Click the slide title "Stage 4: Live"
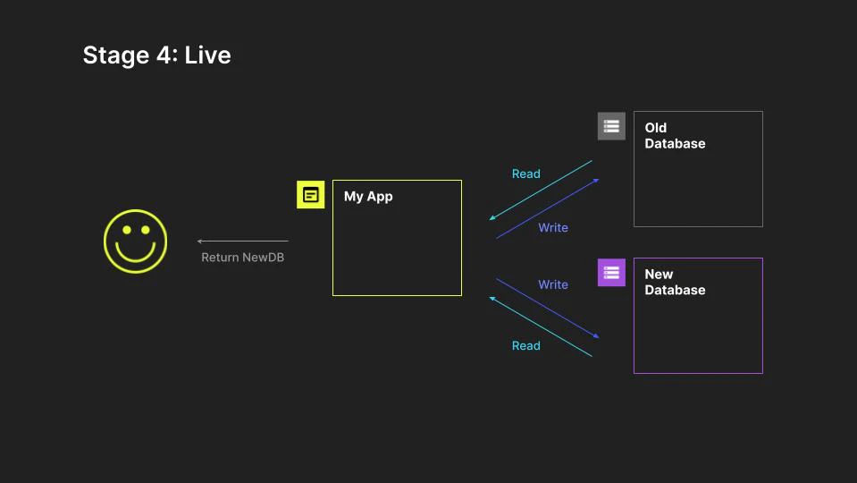(x=156, y=55)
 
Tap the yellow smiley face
(x=135, y=241)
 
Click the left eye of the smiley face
(x=126, y=230)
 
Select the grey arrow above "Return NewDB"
(x=242, y=241)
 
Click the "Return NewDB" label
(x=242, y=258)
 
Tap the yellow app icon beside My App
(x=310, y=194)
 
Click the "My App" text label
(x=368, y=197)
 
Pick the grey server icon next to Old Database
(x=611, y=126)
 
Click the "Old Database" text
(x=675, y=136)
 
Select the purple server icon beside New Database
(x=611, y=272)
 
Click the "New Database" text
(x=675, y=283)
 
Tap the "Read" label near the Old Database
(x=525, y=174)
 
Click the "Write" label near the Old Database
(x=553, y=228)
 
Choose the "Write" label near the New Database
(x=553, y=285)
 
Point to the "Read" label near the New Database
(x=525, y=346)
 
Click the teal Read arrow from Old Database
(x=541, y=190)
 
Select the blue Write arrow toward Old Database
(x=547, y=208)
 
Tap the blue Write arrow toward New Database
(x=547, y=308)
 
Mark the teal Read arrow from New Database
(x=541, y=326)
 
